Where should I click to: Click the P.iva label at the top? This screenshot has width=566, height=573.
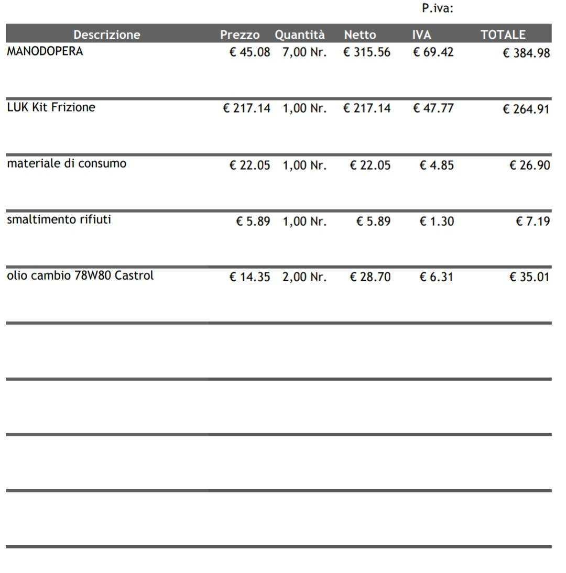point(437,8)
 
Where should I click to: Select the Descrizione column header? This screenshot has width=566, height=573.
point(107,35)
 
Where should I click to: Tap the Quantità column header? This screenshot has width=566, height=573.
point(300,35)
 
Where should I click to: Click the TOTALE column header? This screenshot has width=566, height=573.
point(503,35)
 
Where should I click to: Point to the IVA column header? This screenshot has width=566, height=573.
point(421,35)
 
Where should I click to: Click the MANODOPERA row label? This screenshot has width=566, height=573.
point(45,51)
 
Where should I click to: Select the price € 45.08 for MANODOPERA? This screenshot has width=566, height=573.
point(250,52)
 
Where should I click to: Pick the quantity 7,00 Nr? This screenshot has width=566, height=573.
point(304,52)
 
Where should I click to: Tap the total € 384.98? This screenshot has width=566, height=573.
point(526,53)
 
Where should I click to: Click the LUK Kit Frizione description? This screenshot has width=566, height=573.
point(51,107)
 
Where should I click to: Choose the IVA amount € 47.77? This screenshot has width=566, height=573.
point(433,108)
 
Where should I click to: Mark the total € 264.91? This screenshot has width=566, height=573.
point(526,109)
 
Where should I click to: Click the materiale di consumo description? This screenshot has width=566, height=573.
point(67,163)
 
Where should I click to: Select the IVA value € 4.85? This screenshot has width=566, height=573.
point(437,166)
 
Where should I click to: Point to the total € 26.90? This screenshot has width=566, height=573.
point(530,166)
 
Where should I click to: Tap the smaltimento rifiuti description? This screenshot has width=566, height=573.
point(59,219)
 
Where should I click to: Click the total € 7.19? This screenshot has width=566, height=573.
point(533,222)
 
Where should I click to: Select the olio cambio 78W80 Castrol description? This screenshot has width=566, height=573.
point(80,276)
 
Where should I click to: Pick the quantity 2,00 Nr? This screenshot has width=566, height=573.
point(304,277)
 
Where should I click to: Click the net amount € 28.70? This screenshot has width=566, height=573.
point(370,277)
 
